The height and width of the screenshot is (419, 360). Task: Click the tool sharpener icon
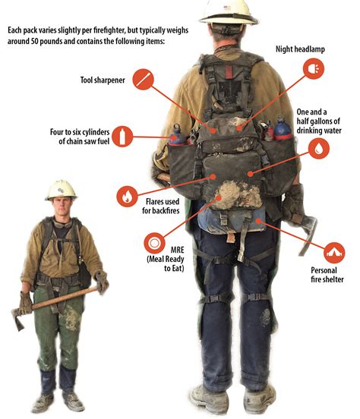tap(142, 79)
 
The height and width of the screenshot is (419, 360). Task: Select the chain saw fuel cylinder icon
tap(126, 137)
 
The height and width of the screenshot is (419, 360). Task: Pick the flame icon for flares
tap(126, 196)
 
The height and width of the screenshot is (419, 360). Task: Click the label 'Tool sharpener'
tap(103, 79)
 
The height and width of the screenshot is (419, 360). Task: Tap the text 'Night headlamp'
tap(300, 47)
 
